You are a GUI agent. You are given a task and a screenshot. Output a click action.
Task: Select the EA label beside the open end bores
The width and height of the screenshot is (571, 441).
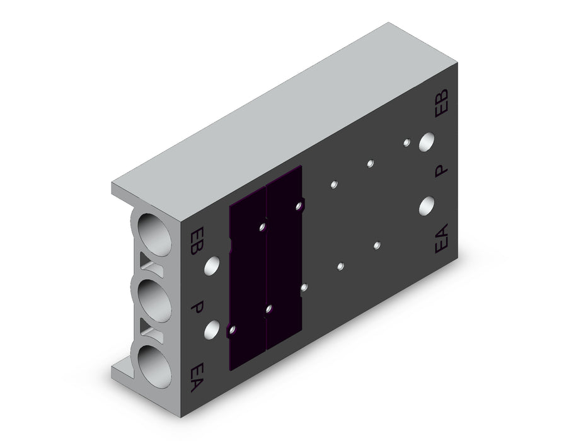(x=197, y=377)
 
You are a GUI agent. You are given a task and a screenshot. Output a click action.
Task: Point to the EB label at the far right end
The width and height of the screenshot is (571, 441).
(x=442, y=103)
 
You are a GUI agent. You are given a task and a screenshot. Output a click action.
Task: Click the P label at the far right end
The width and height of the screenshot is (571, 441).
(x=441, y=171)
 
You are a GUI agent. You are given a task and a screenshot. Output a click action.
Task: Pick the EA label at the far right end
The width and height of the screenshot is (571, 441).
(x=441, y=238)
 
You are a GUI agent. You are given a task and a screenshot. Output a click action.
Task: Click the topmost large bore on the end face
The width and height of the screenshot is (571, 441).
(x=154, y=234)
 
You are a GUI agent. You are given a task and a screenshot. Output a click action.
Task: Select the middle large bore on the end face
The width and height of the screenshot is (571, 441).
(x=154, y=301)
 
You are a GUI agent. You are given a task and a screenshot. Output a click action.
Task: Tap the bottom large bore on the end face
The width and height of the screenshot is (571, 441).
(x=154, y=367)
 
